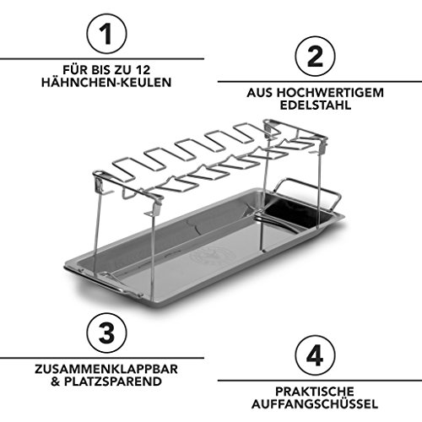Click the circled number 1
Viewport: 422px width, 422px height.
click(106, 34)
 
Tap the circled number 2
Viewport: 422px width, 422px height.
click(315, 57)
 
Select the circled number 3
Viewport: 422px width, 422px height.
click(106, 333)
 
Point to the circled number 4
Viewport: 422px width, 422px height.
click(315, 355)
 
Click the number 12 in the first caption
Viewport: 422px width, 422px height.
click(143, 70)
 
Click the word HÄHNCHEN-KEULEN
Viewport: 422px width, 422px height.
click(106, 83)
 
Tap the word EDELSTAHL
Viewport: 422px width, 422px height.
click(316, 105)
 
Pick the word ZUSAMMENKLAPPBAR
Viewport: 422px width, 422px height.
click(106, 369)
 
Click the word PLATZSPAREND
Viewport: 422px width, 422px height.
click(113, 381)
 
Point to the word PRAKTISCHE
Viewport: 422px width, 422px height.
click(315, 392)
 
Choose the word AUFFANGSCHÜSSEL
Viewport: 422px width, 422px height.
click(315, 403)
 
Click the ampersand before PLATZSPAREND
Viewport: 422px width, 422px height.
click(56, 381)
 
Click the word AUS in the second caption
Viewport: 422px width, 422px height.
click(260, 93)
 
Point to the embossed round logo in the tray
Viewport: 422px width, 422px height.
click(213, 256)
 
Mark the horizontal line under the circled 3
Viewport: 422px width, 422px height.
click(102, 358)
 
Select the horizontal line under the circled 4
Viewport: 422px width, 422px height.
click(320, 381)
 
